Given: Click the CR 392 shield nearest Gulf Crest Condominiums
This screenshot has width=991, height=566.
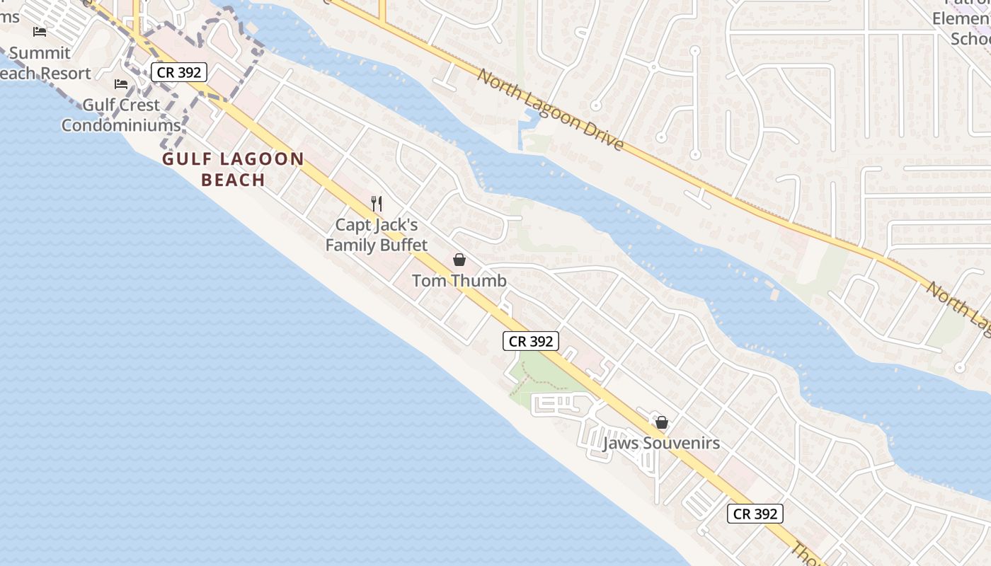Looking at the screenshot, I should pos(179,71).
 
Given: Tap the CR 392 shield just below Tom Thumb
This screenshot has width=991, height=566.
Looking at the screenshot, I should pos(531,341).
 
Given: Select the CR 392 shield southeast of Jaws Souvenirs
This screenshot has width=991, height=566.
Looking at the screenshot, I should pos(755,514).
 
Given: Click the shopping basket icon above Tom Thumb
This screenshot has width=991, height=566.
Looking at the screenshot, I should pos(459,260).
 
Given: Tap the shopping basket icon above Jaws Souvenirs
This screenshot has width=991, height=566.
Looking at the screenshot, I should pos(662,422).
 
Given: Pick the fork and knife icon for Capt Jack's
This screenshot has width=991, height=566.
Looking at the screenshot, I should pos(377,204).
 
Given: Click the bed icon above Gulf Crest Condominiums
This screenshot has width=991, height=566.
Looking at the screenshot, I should pos(121,84).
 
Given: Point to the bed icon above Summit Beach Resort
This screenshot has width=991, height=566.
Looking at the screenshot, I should pos(40,32).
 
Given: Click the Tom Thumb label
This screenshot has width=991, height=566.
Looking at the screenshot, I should pos(459,281).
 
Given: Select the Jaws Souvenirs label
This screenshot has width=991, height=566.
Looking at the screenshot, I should pos(661,444).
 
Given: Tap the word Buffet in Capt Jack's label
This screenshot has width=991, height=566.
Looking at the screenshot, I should pos(402,246).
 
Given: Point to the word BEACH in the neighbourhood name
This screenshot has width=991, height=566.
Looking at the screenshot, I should pos(233,180).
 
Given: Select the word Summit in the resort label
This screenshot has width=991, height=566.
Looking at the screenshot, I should pos(40,53).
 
